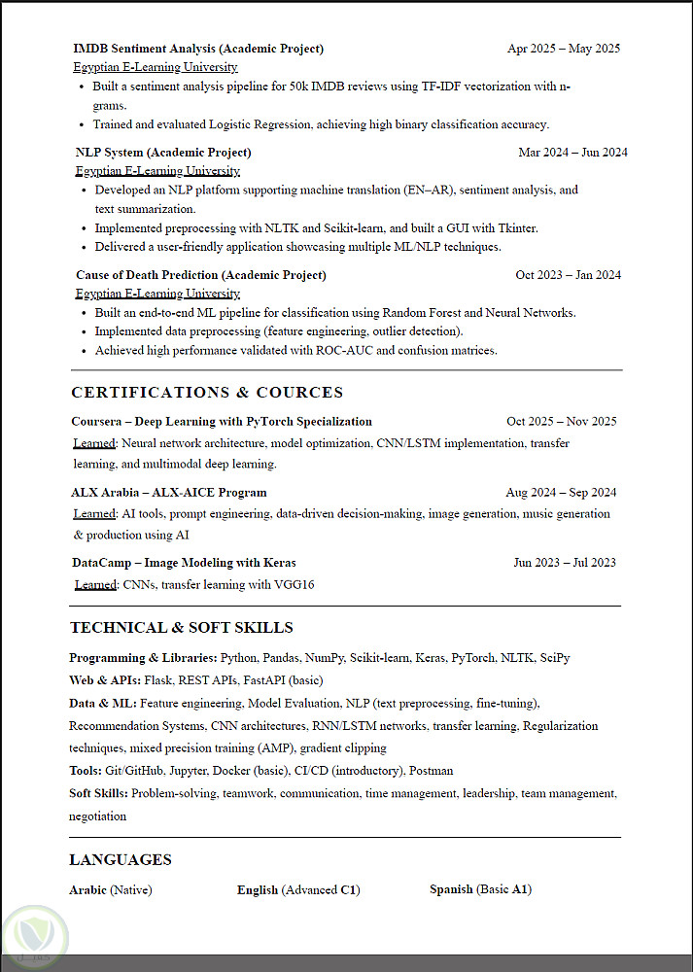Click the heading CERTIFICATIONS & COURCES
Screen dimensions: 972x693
[x=207, y=393]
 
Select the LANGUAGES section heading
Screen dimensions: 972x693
[x=121, y=859]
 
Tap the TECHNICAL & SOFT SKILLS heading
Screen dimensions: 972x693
[x=181, y=628]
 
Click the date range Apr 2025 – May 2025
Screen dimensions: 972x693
[x=563, y=49]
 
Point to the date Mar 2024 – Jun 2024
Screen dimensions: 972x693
[x=572, y=153]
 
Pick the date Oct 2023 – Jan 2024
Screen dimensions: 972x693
[x=568, y=275]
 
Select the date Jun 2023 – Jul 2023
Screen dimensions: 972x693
[x=564, y=563]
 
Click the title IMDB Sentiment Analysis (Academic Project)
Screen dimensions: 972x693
[x=198, y=49]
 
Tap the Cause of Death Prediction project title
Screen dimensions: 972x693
[x=200, y=275]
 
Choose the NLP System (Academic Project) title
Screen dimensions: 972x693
[x=163, y=153]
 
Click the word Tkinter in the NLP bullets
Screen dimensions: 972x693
[x=519, y=228]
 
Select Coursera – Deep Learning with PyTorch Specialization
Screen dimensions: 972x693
[x=222, y=422]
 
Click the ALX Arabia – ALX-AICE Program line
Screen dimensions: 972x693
[x=169, y=493]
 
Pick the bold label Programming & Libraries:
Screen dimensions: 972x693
[x=143, y=658]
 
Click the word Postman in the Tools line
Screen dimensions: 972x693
[x=431, y=771]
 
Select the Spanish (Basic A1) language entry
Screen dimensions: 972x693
[x=480, y=889]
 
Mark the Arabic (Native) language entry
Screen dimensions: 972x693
[x=111, y=890]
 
